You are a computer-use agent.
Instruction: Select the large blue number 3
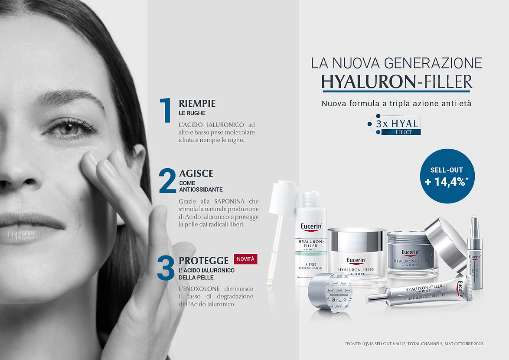coord(165,268)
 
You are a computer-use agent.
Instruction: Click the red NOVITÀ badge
coord(246,259)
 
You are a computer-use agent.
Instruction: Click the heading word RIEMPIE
coord(197,104)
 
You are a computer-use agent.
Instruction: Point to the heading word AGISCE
coord(196,174)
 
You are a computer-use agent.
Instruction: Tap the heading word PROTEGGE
coord(203,261)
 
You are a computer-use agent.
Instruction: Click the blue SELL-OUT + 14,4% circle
coord(447,176)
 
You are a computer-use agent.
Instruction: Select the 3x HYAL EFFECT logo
coord(395,125)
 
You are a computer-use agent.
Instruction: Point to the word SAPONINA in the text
coord(229,201)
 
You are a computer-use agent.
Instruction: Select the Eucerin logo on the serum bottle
coord(311,228)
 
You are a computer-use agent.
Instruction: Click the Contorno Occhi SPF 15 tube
coord(416,294)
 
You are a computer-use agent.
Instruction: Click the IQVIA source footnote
coord(414,344)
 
